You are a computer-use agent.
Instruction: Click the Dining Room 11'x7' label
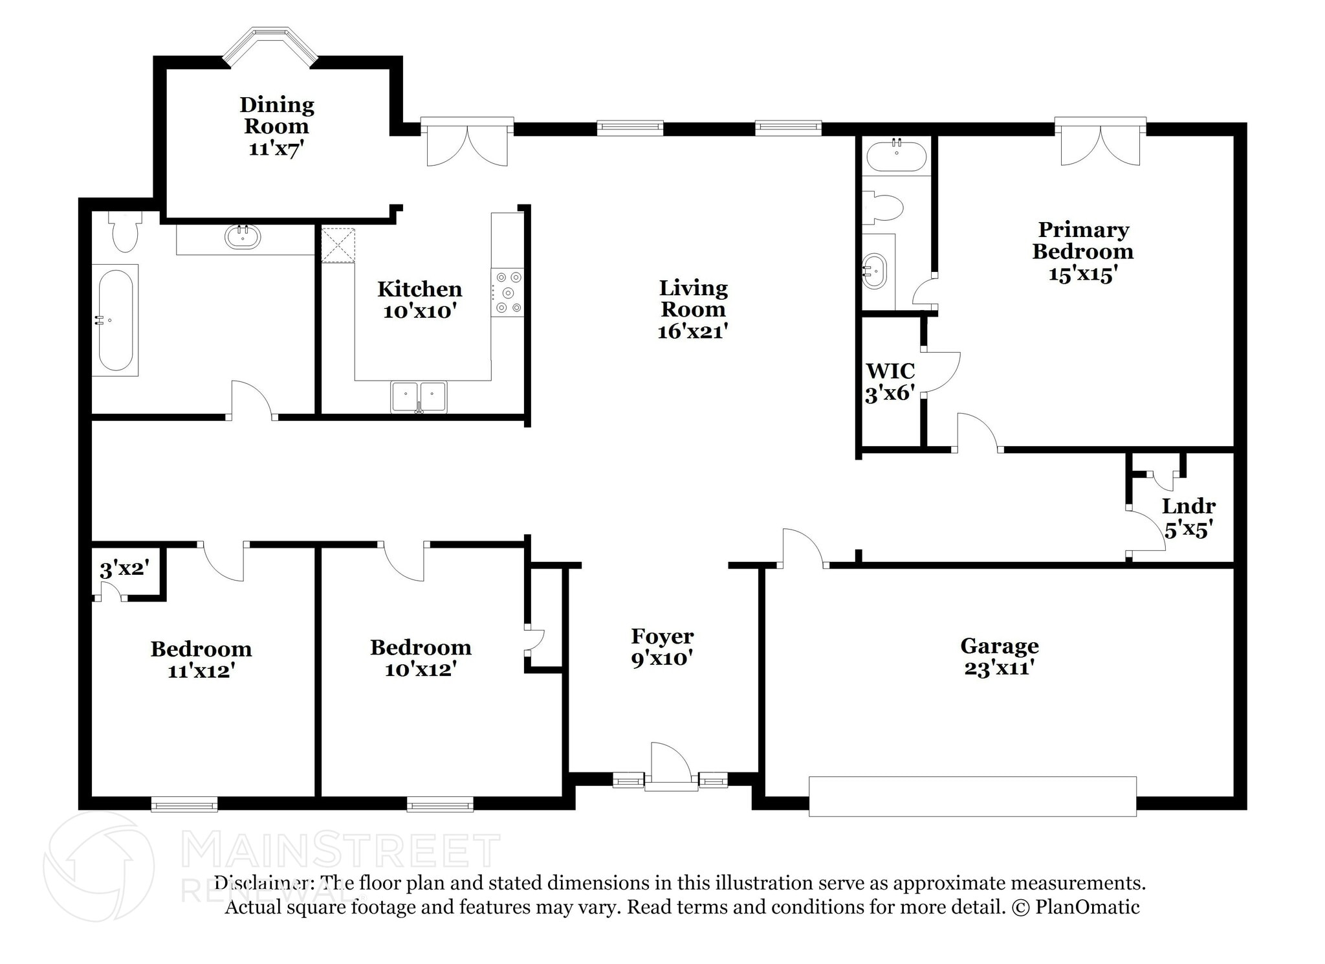point(276,126)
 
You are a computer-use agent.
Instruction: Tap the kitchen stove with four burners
point(507,293)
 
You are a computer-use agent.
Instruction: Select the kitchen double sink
point(419,397)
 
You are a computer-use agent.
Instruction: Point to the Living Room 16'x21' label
point(693,309)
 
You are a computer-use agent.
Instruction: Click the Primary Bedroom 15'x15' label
point(1082,252)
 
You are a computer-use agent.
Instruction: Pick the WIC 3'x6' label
point(890,382)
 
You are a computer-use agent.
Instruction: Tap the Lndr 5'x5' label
point(1188,518)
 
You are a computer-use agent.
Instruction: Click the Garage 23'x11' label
point(999,656)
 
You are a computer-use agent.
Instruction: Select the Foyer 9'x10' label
point(662,647)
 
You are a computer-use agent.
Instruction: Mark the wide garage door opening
point(972,796)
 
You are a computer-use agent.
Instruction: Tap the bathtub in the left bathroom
point(115,320)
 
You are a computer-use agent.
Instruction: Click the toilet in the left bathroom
point(125,232)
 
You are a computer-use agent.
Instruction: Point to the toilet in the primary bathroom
point(882,207)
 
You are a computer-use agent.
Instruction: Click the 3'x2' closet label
point(124,569)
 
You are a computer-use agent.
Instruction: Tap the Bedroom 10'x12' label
point(421,657)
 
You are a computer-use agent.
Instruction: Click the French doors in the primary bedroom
point(1100,142)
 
